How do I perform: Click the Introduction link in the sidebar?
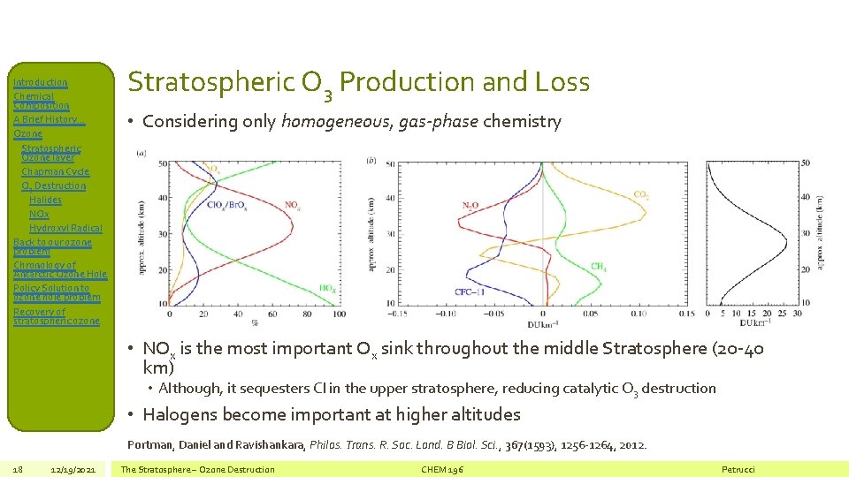tap(41, 82)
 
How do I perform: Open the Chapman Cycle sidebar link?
tap(55, 171)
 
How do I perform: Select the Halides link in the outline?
tap(46, 200)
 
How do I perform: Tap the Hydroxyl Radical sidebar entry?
tap(65, 228)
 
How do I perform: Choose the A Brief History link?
tap(45, 119)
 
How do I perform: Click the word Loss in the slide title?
tap(562, 82)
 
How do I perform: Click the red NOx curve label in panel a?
tap(292, 205)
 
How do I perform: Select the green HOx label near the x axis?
tap(326, 288)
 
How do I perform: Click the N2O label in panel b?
tap(471, 205)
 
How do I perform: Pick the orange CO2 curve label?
tap(641, 195)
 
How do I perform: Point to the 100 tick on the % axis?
tap(340, 314)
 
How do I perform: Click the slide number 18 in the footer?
tap(18, 469)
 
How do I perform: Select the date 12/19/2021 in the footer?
tap(73, 469)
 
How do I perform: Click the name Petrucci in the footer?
tap(738, 469)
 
